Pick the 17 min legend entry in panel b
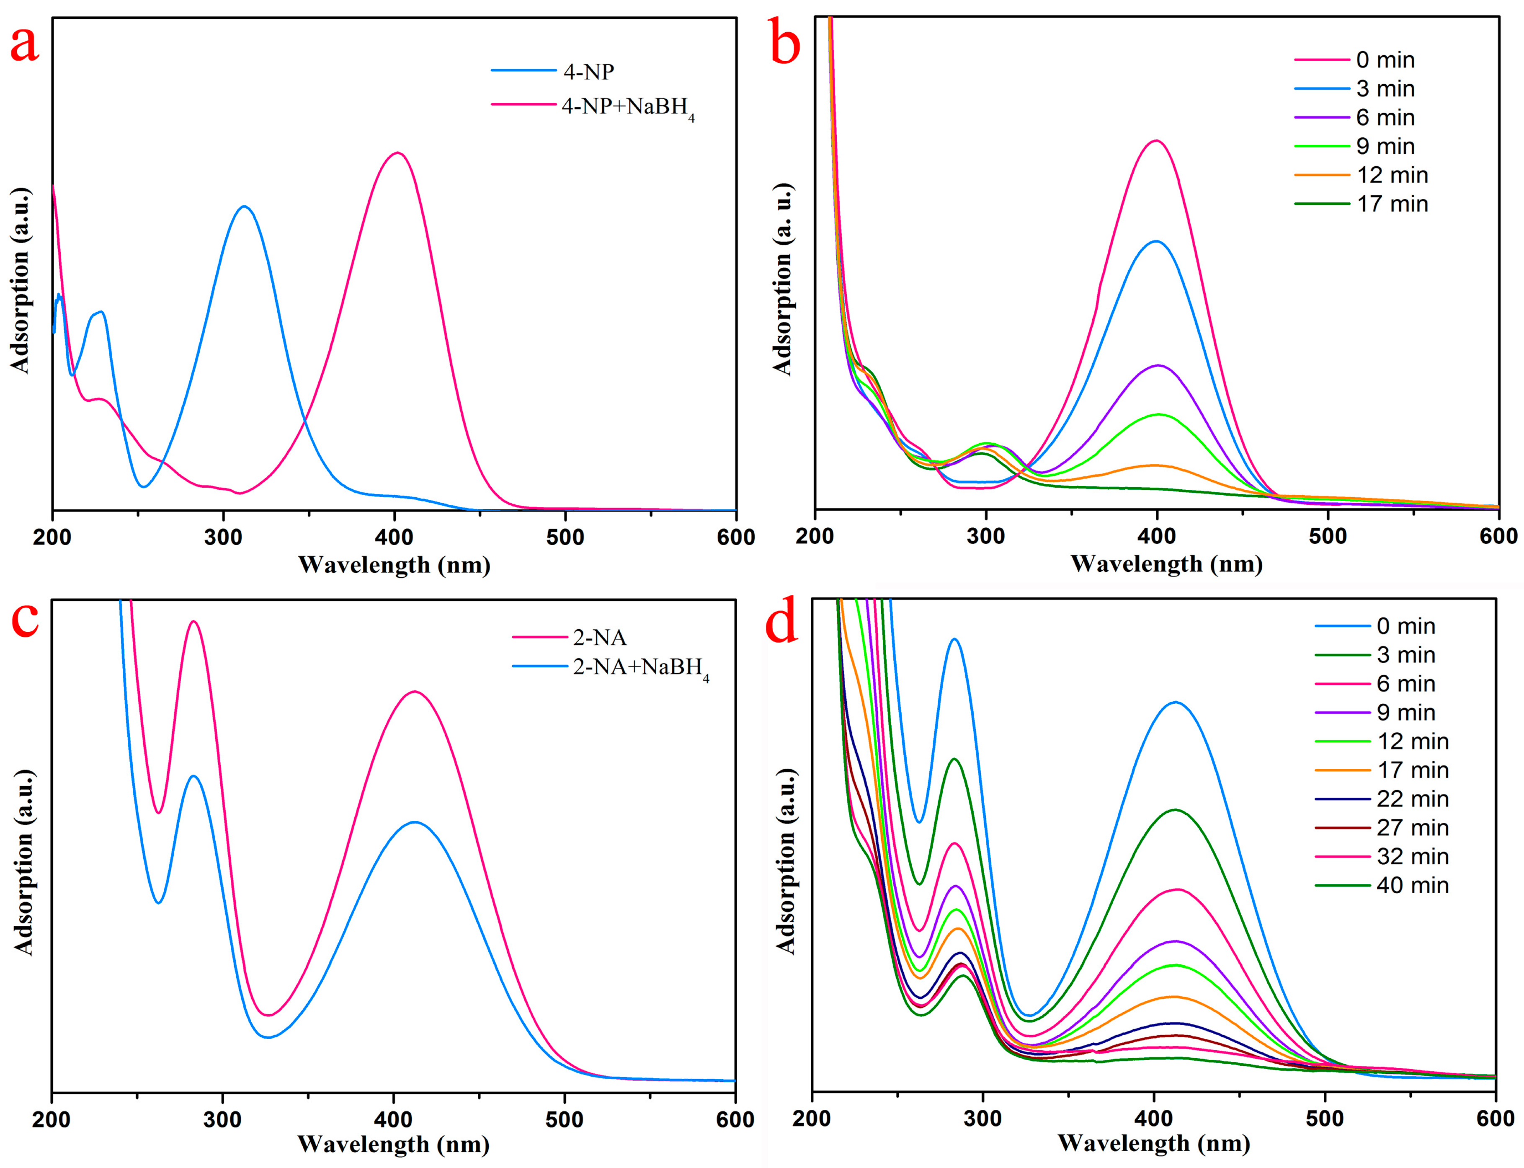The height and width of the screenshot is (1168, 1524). coord(1392,204)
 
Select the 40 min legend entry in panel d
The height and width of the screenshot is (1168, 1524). coord(1412,886)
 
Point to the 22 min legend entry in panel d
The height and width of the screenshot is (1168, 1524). coord(1412,799)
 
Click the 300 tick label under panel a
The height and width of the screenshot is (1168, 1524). coord(223,537)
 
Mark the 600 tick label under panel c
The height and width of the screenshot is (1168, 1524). coord(735,1120)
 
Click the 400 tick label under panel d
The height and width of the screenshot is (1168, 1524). coord(1154,1119)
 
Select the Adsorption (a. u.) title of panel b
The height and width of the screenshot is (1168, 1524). coord(783,279)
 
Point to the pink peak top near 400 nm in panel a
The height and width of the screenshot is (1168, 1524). coord(397,153)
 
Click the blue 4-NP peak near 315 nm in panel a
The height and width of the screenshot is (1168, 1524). coord(243,207)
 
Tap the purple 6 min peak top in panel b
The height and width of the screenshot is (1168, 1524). coord(1158,365)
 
